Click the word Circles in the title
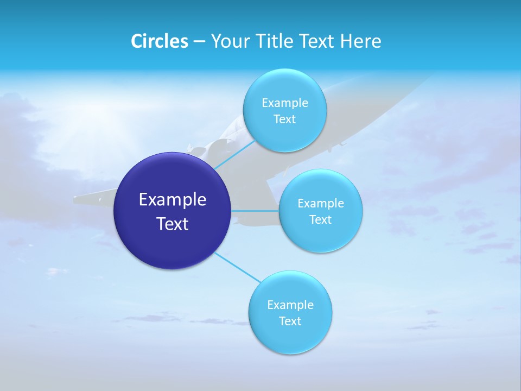point(159,41)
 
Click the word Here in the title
point(361,41)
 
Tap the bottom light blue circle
point(290,337)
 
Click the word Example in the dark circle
point(173,200)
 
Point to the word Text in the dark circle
point(173,224)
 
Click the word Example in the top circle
point(284,103)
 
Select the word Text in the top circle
point(284,119)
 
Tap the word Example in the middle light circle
point(321,204)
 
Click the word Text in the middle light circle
point(321,220)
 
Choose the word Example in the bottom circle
point(290,305)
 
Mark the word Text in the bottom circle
point(290,321)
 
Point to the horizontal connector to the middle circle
point(255,211)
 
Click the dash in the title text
point(199,42)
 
